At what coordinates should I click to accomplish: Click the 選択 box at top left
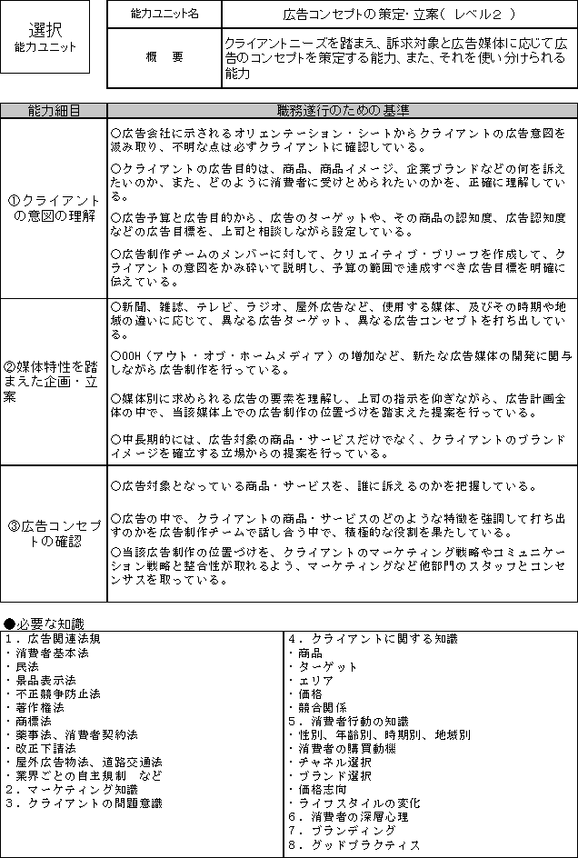pos(45,36)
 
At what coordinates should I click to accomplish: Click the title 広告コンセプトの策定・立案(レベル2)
pos(398,15)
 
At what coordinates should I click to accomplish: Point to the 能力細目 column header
pos(54,111)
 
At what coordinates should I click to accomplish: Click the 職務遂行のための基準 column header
pos(342,111)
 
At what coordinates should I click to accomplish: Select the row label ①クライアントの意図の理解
pos(54,208)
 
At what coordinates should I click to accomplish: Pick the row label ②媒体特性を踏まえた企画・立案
pos(54,381)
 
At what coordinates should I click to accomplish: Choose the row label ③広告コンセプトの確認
pos(54,534)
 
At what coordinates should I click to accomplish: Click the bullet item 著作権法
pos(36,707)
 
